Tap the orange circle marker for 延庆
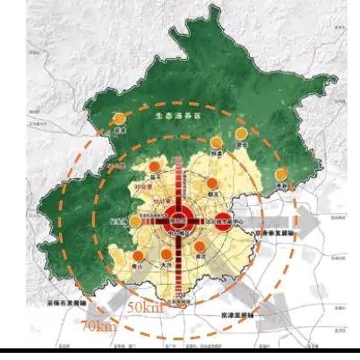118,119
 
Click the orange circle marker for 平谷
281,175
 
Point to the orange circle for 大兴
164,251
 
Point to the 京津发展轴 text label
236,315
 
